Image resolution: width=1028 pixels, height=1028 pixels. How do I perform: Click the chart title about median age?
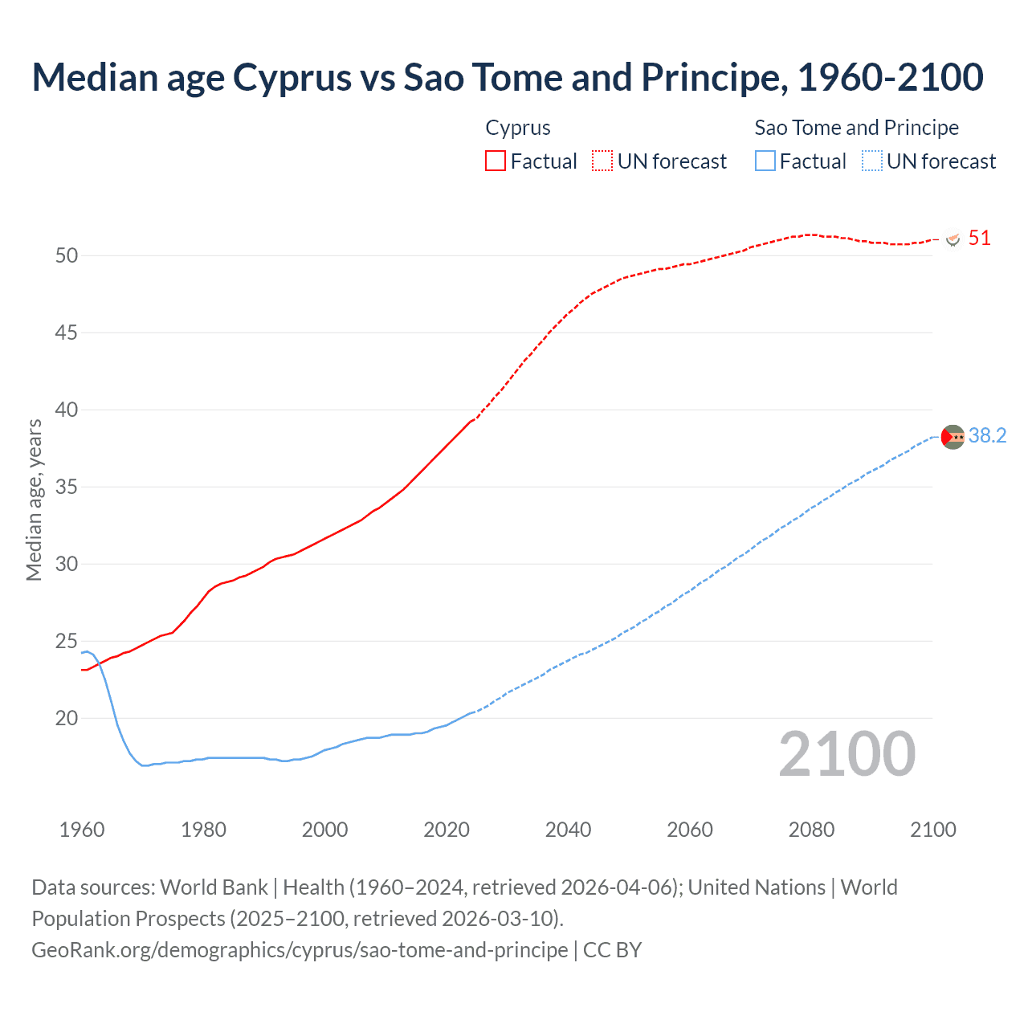pos(508,77)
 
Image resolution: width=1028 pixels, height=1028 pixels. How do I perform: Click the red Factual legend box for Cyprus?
pos(496,161)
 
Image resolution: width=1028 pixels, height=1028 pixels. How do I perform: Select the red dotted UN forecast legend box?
pos(602,161)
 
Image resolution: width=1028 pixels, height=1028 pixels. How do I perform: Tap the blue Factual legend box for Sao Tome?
pos(765,161)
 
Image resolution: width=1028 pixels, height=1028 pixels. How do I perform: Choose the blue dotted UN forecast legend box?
pos(871,161)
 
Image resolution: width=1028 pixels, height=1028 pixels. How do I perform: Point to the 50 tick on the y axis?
pos(67,255)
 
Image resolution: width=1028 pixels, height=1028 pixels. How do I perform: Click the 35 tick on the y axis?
pos(67,487)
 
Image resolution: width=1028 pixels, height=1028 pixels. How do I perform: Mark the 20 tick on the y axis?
pos(67,718)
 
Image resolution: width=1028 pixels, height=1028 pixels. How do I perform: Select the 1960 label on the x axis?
pos(82,830)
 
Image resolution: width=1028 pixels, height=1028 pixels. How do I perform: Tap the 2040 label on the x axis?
pos(568,830)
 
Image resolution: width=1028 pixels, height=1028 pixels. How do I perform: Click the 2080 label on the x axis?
pos(811,830)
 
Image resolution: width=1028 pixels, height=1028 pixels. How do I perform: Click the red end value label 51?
pos(979,238)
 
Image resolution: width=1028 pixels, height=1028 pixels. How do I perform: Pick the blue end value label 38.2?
pos(987,435)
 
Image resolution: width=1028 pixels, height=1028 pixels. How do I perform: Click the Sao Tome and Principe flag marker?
pos(953,436)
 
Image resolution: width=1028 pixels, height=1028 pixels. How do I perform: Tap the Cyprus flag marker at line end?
pos(953,239)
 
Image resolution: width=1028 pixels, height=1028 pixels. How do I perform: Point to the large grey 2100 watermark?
pos(846,753)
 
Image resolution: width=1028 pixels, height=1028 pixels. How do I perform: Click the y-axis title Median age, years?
pos(34,500)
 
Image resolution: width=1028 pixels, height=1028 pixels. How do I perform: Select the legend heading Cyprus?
pos(518,128)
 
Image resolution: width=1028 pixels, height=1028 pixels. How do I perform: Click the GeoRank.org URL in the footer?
pos(300,950)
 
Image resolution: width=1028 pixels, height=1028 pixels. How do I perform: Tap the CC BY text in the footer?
pos(612,950)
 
